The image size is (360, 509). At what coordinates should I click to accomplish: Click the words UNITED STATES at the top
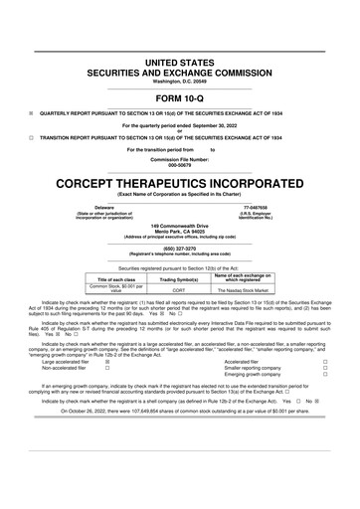click(180, 62)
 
